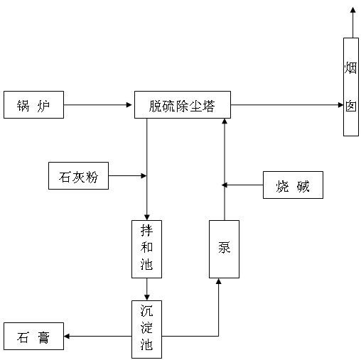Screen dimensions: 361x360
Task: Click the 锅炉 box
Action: pyautogui.click(x=33, y=104)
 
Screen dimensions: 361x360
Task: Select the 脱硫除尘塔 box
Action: pyautogui.click(x=183, y=104)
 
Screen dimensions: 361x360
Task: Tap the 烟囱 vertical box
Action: pyautogui.click(x=351, y=87)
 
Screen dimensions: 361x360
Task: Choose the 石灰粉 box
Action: pyautogui.click(x=78, y=175)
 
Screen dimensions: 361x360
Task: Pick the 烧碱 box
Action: pyautogui.click(x=293, y=185)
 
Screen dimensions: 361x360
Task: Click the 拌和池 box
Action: pyautogui.click(x=146, y=249)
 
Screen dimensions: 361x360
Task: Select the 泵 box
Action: pyautogui.click(x=224, y=249)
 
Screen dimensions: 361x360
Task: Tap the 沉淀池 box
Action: pyautogui.click(x=146, y=329)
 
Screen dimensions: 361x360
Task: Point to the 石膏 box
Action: pyautogui.click(x=33, y=336)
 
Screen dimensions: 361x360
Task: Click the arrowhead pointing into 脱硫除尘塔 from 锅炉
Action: pyautogui.click(x=129, y=104)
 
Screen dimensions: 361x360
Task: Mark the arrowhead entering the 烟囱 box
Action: pyautogui.click(x=340, y=104)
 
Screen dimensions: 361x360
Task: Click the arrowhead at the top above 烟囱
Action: pyautogui.click(x=353, y=10)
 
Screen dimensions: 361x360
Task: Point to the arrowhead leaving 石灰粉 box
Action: pyautogui.click(x=144, y=175)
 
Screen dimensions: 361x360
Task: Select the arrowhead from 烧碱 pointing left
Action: pyautogui.click(x=225, y=185)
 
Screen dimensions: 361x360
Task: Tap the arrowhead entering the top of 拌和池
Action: pyautogui.click(x=147, y=217)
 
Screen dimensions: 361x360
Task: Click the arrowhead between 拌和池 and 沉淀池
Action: pyautogui.click(x=147, y=298)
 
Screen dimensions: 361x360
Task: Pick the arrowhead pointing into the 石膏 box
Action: pyautogui.click(x=67, y=336)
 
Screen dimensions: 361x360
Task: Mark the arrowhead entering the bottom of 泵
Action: pyautogui.click(x=219, y=281)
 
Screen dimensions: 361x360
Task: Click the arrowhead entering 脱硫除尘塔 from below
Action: pyautogui.click(x=225, y=121)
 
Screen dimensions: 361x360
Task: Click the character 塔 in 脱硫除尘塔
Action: pyautogui.click(x=208, y=106)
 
